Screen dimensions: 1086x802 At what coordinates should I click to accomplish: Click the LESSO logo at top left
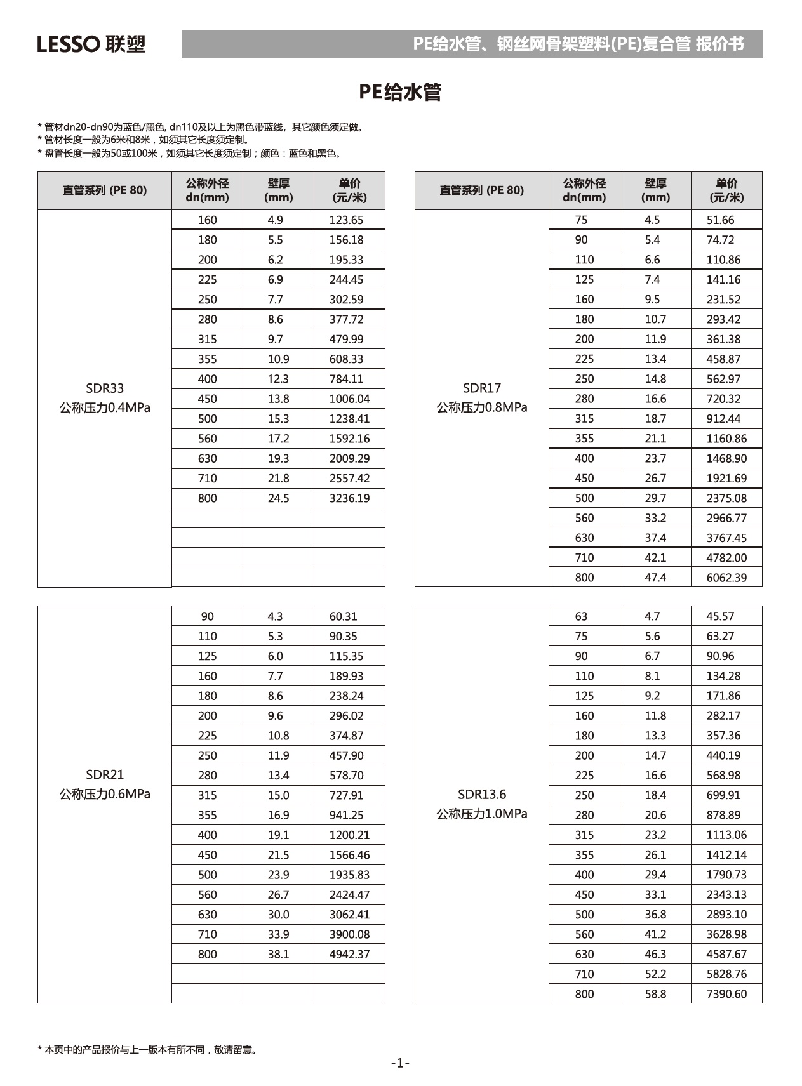[91, 44]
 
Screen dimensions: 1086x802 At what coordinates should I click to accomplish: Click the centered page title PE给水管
[400, 92]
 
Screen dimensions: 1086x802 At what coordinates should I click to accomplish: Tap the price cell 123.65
[346, 220]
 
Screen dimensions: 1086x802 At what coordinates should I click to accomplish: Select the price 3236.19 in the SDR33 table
[349, 498]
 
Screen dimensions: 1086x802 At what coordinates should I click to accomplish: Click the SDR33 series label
[105, 388]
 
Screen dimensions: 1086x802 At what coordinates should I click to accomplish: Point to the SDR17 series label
[481, 388]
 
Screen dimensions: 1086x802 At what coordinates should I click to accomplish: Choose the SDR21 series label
[105, 774]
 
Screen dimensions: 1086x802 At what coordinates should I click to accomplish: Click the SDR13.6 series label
[481, 795]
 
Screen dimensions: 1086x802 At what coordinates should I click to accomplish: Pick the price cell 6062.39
[726, 578]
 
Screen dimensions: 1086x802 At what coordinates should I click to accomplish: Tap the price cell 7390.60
[726, 994]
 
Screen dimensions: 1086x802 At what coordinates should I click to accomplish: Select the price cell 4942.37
[349, 954]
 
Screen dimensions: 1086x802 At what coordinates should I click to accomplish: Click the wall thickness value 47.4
[655, 578]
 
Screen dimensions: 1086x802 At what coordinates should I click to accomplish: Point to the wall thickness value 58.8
[655, 994]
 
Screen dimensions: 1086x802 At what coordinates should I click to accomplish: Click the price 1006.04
[349, 399]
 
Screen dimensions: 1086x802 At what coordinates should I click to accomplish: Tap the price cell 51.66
[720, 220]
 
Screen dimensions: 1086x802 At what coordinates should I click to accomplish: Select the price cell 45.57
[720, 616]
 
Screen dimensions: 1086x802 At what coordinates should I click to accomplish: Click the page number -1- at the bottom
[400, 1063]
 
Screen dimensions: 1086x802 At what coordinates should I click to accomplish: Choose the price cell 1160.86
[726, 439]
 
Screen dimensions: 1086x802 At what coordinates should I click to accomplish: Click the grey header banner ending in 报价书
[472, 44]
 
